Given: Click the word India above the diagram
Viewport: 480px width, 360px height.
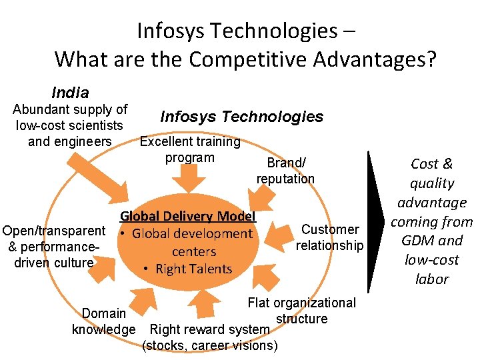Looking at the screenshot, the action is click(70, 92).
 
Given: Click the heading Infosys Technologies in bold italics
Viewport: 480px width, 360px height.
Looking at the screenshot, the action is click(241, 117).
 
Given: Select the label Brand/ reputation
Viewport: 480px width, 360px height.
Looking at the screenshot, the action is click(285, 171).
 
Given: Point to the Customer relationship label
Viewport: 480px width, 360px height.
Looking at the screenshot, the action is click(329, 237).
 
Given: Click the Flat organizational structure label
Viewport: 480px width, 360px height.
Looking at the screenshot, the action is click(301, 311).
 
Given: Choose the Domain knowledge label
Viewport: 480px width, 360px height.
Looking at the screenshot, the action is click(103, 321).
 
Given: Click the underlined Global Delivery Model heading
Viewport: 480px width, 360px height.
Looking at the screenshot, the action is click(187, 216).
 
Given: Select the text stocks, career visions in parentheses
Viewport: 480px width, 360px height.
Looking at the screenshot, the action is click(210, 345).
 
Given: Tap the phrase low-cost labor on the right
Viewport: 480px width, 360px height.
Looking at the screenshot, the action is click(432, 269).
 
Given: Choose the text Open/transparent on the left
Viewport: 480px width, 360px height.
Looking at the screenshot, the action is click(54, 231).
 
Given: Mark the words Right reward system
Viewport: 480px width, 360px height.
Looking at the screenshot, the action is click(209, 329).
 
